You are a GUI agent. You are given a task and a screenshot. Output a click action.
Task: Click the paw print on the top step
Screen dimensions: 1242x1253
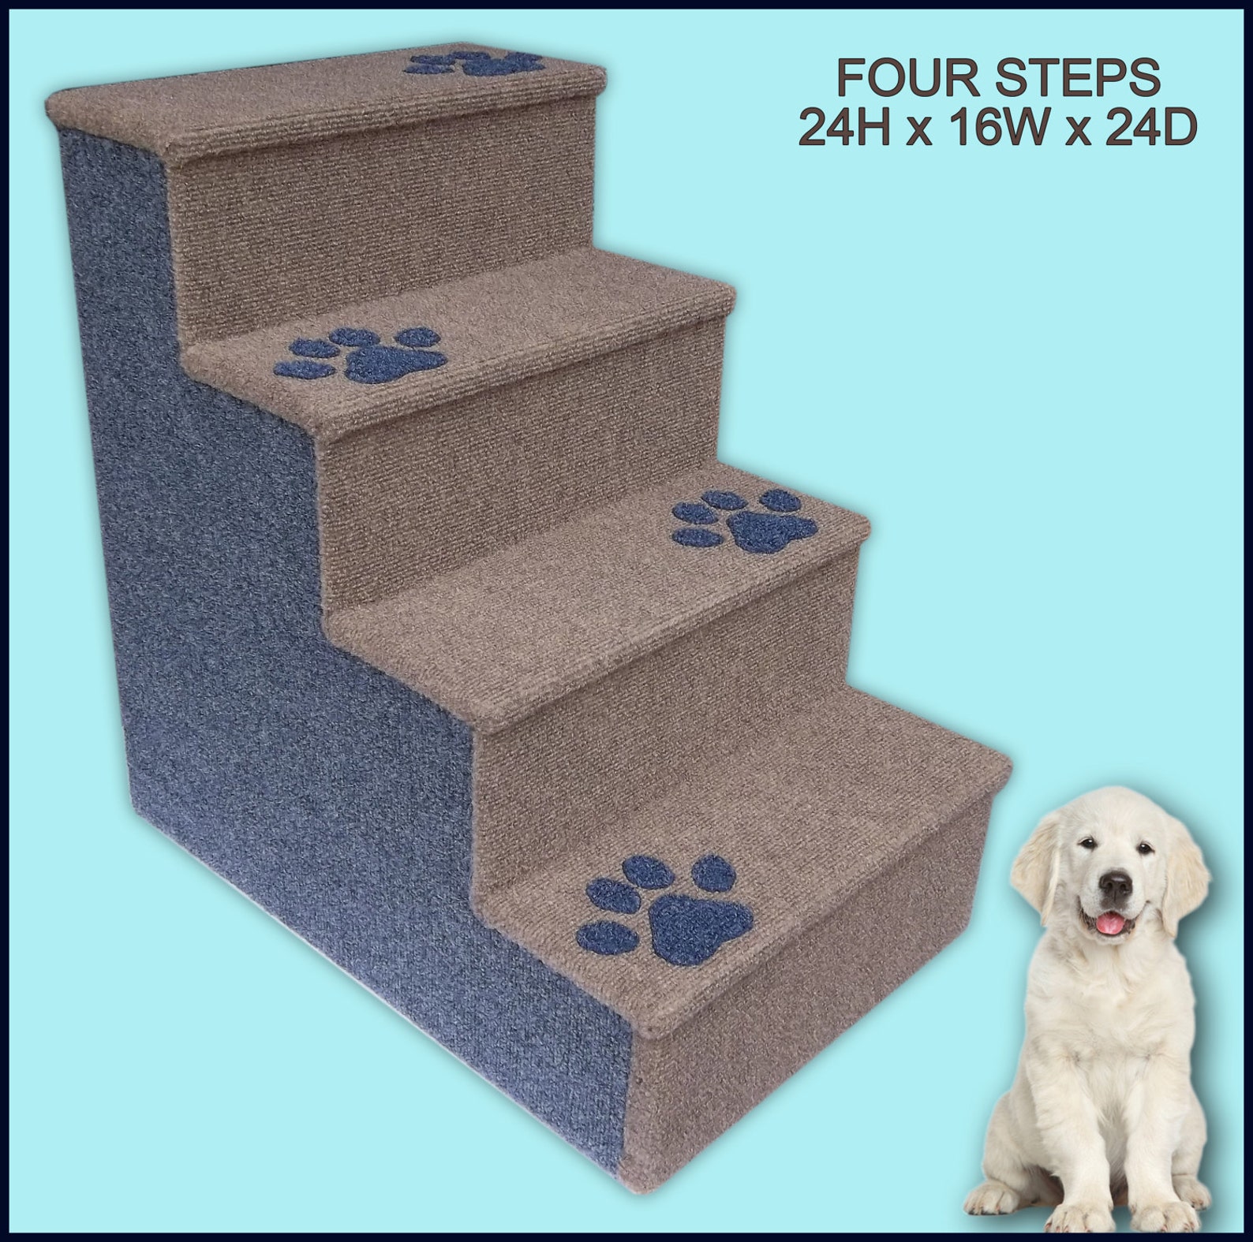pyautogui.click(x=476, y=63)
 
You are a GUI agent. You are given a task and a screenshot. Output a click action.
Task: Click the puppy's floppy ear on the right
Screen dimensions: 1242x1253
pyautogui.click(x=1190, y=867)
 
